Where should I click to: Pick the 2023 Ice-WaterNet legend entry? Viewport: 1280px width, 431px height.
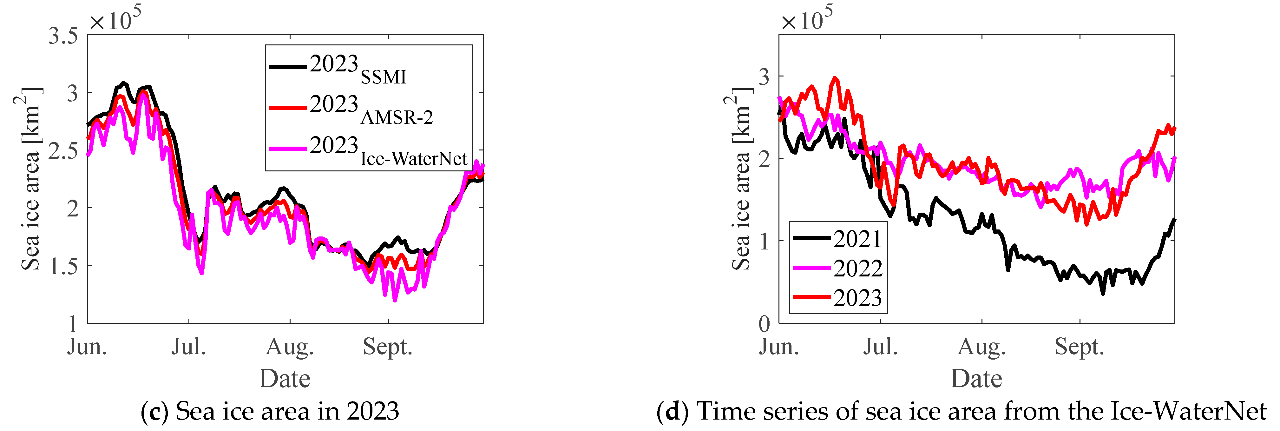pos(388,150)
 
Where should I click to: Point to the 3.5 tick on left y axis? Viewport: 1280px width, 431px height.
pos(63,36)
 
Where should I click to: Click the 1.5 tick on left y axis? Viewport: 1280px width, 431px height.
pos(63,266)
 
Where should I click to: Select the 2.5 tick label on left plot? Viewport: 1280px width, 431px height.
pos(63,151)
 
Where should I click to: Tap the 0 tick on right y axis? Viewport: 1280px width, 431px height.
pos(764,324)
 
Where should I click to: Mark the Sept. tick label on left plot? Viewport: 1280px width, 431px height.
pos(388,347)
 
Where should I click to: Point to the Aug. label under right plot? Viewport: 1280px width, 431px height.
pos(981,347)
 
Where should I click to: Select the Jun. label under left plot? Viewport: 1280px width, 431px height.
pos(87,347)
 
